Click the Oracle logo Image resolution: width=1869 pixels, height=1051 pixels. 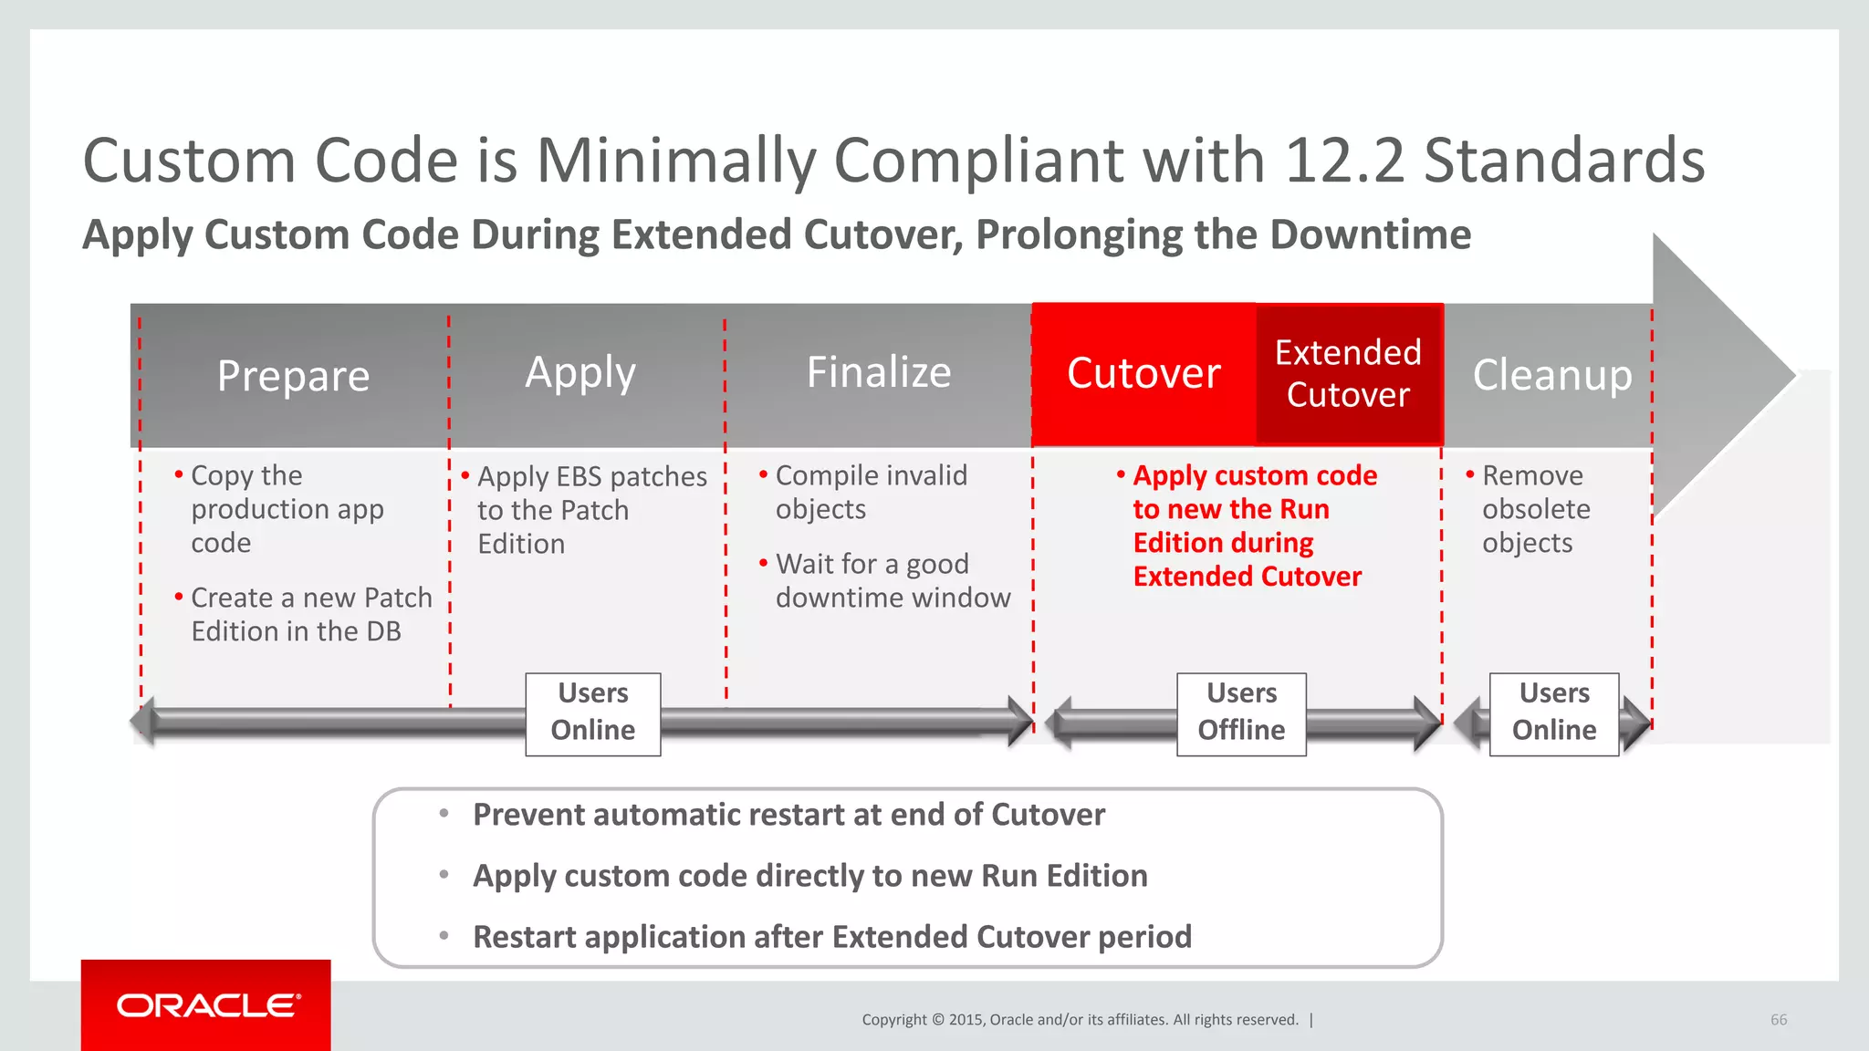click(x=207, y=1005)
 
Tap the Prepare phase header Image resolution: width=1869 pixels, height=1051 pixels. click(x=293, y=376)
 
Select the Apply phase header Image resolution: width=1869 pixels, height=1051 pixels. click(x=580, y=373)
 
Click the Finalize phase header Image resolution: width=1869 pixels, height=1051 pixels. click(x=879, y=372)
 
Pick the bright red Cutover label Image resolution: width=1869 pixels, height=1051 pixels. click(x=1143, y=373)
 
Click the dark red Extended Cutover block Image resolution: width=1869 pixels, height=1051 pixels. click(x=1348, y=374)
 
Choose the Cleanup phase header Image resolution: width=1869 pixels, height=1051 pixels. click(x=1552, y=375)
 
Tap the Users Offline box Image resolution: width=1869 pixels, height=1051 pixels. click(x=1241, y=713)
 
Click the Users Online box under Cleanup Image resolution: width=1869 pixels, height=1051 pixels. click(x=1554, y=713)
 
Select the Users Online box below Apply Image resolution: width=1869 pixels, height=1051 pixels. click(x=593, y=713)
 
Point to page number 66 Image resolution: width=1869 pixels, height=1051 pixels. click(x=1779, y=1020)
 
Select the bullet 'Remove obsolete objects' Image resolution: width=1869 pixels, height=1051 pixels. click(x=1535, y=509)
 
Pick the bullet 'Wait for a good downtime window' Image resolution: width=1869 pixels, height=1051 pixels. click(x=892, y=580)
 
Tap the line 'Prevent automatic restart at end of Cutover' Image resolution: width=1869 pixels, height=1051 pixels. click(x=788, y=815)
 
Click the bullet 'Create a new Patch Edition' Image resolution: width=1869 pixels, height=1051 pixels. click(x=310, y=614)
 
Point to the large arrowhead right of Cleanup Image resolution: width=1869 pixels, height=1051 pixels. click(x=1720, y=374)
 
